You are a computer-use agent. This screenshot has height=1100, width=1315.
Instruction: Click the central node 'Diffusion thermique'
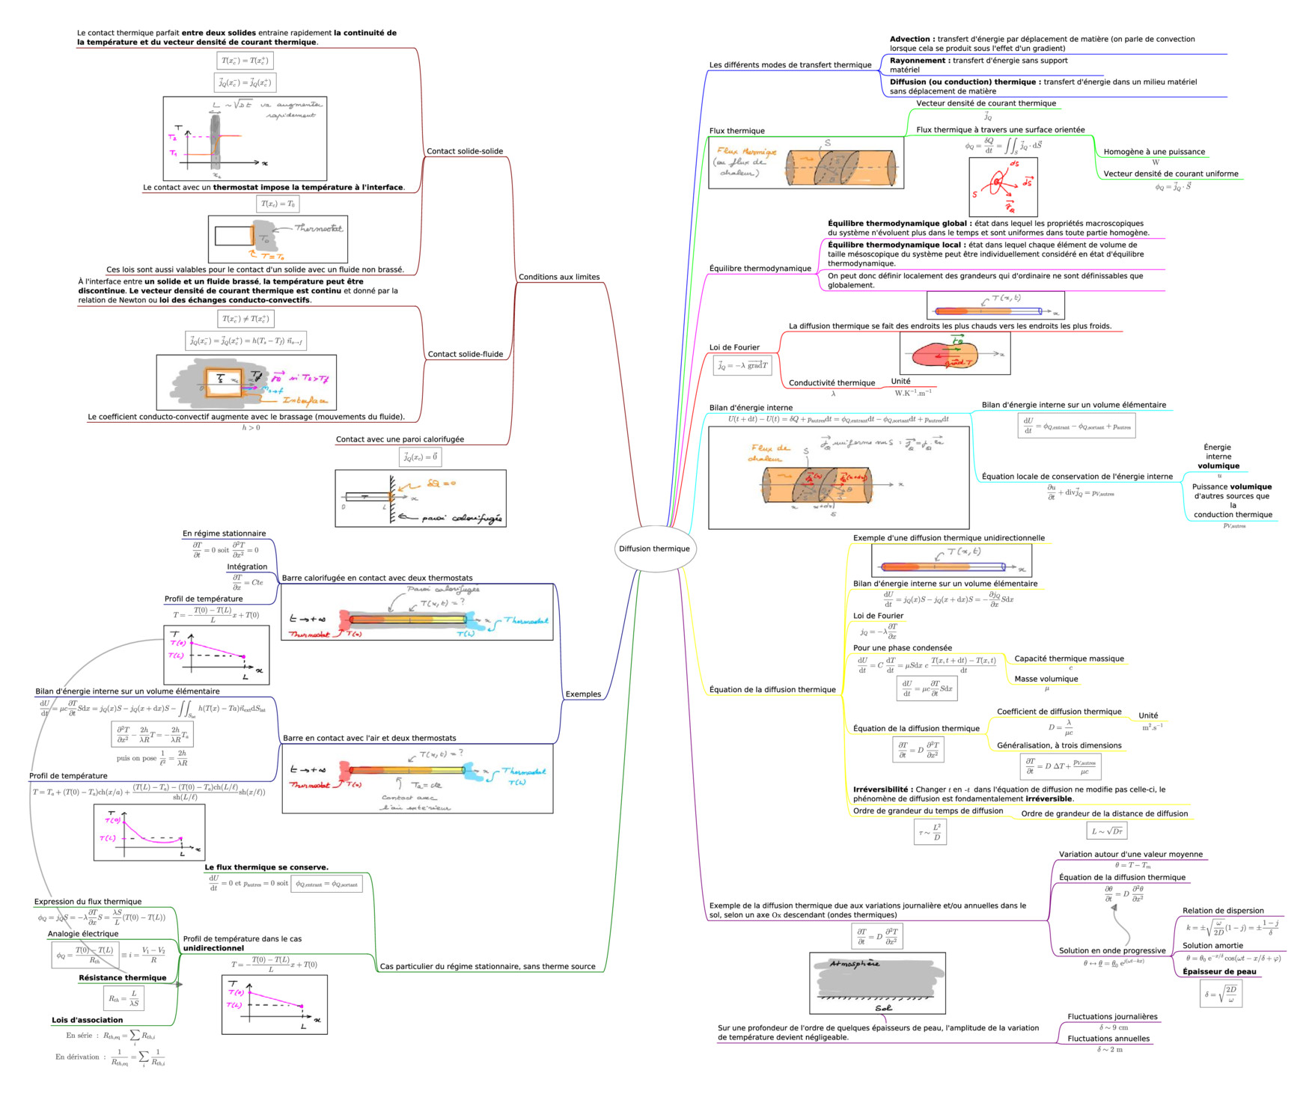(654, 549)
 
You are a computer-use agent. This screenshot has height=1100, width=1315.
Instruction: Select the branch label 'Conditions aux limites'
(558, 277)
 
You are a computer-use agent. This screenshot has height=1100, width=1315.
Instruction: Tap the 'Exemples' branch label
(583, 694)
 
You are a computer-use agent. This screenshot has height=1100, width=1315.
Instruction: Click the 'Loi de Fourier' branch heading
(733, 347)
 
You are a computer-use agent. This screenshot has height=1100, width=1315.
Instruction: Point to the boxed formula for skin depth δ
(1221, 993)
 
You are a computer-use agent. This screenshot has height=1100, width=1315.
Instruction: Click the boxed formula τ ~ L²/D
(930, 831)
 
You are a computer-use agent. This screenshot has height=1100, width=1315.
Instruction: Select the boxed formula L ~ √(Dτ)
(1106, 831)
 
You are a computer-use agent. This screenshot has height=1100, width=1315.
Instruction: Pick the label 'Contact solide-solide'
(464, 151)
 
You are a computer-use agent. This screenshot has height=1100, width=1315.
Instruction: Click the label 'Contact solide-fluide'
(465, 354)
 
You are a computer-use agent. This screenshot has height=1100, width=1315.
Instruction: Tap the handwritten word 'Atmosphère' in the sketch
(854, 964)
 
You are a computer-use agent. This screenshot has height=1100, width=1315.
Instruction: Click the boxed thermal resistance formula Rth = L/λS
(123, 998)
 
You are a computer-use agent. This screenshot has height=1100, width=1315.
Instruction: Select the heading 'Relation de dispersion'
(1222, 911)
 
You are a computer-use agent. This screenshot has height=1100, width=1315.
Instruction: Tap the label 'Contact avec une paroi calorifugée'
(400, 439)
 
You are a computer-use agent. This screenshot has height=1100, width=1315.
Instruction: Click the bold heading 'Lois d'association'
(87, 1020)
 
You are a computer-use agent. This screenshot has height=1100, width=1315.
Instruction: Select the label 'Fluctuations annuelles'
(1108, 1038)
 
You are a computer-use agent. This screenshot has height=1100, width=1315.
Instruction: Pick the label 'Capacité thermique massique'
(1068, 659)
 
